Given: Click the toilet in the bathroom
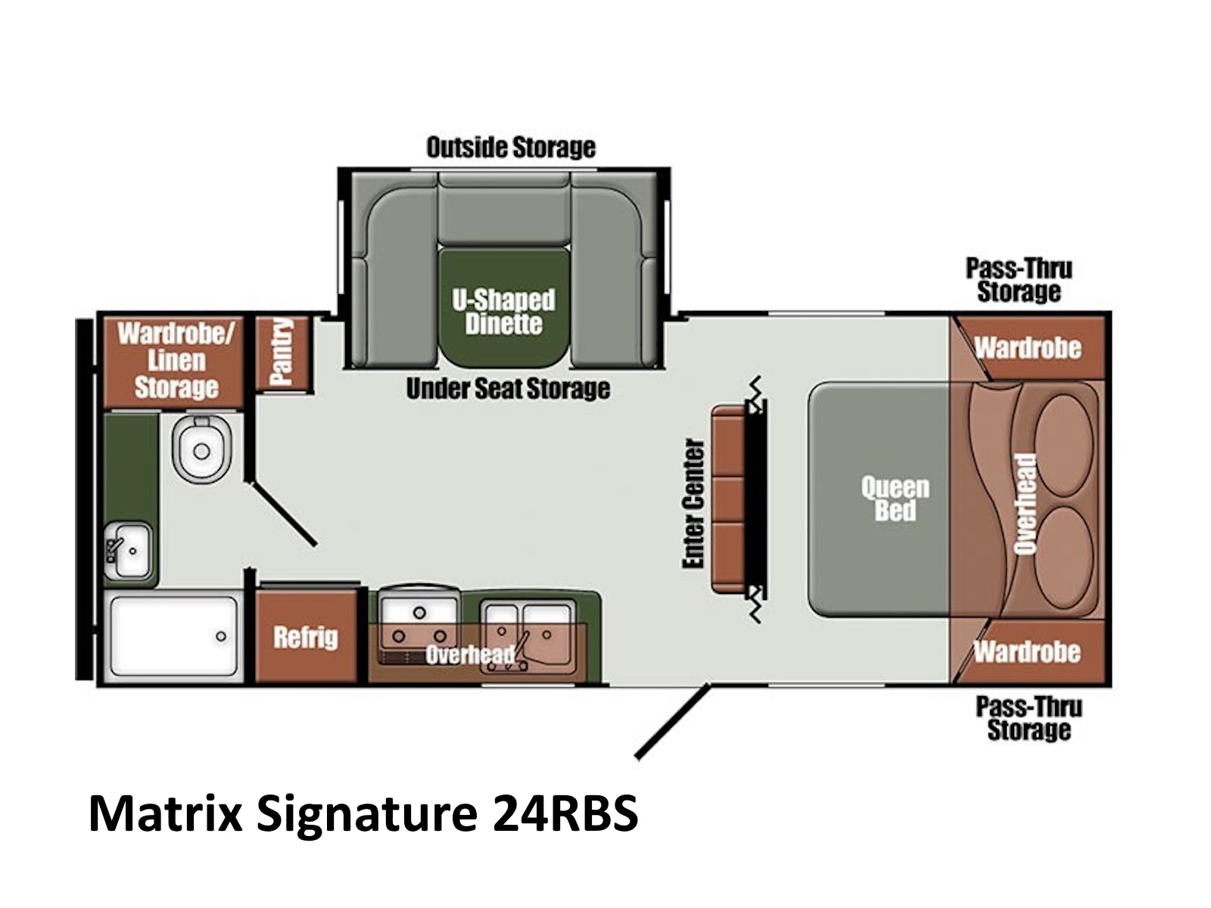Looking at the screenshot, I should (201, 449).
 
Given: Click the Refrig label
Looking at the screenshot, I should (306, 637).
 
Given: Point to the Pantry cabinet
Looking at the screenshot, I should (282, 352).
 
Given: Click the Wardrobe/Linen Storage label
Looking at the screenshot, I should (176, 360).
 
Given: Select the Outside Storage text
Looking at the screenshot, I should (511, 147).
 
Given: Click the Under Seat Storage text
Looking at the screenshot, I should (508, 389).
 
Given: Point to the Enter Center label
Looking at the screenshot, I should (693, 503).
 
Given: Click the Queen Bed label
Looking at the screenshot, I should (895, 499).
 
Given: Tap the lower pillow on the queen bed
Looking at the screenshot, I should (1063, 557).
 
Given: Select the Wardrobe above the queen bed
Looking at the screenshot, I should (1029, 347).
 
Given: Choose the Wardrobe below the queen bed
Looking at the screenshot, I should (1027, 651).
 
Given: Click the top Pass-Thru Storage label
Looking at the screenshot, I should (1019, 280).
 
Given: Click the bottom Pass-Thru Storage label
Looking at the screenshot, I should (1029, 718).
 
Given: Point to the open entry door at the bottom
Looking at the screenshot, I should (672, 721).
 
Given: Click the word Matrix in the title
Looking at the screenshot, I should (165, 814).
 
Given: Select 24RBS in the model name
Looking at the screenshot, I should (565, 814).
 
